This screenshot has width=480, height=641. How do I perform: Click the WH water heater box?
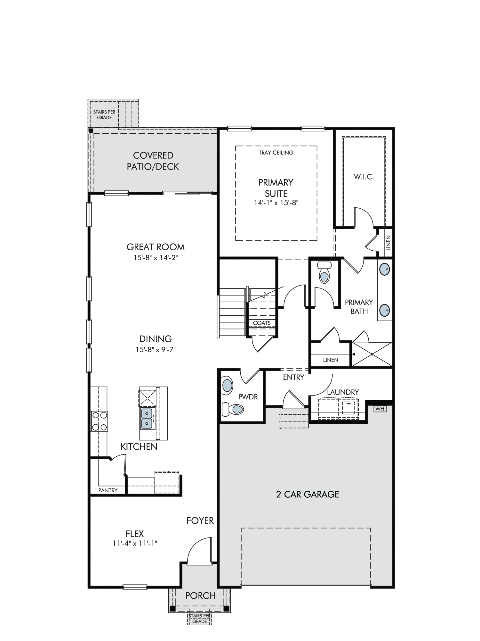pyautogui.click(x=380, y=409)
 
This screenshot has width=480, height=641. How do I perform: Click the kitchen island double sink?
pyautogui.click(x=147, y=419)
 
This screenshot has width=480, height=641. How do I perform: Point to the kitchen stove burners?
pyautogui.click(x=99, y=421)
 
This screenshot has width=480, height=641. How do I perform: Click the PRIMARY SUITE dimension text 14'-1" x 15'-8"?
pyautogui.click(x=276, y=203)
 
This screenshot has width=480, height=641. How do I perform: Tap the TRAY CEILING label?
pyautogui.click(x=276, y=153)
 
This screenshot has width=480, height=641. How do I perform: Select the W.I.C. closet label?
pyautogui.click(x=364, y=177)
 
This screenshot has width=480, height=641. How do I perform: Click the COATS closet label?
pyautogui.click(x=262, y=323)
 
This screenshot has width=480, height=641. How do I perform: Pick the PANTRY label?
pyautogui.click(x=108, y=490)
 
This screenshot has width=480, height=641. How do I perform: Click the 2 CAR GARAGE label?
pyautogui.click(x=308, y=494)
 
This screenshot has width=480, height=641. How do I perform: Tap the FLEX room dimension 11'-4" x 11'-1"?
pyautogui.click(x=135, y=543)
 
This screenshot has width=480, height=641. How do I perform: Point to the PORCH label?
pyautogui.click(x=200, y=596)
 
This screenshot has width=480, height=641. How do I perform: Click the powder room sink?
pyautogui.click(x=227, y=385)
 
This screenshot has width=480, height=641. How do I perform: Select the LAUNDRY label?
pyautogui.click(x=343, y=392)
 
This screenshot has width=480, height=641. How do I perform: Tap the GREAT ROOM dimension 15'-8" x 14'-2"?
pyautogui.click(x=156, y=258)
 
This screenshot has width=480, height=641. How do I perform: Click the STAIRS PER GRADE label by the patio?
pyautogui.click(x=104, y=115)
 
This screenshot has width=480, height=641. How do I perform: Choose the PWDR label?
pyautogui.click(x=248, y=397)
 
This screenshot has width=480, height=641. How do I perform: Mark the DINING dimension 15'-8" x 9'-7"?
pyautogui.click(x=156, y=349)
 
